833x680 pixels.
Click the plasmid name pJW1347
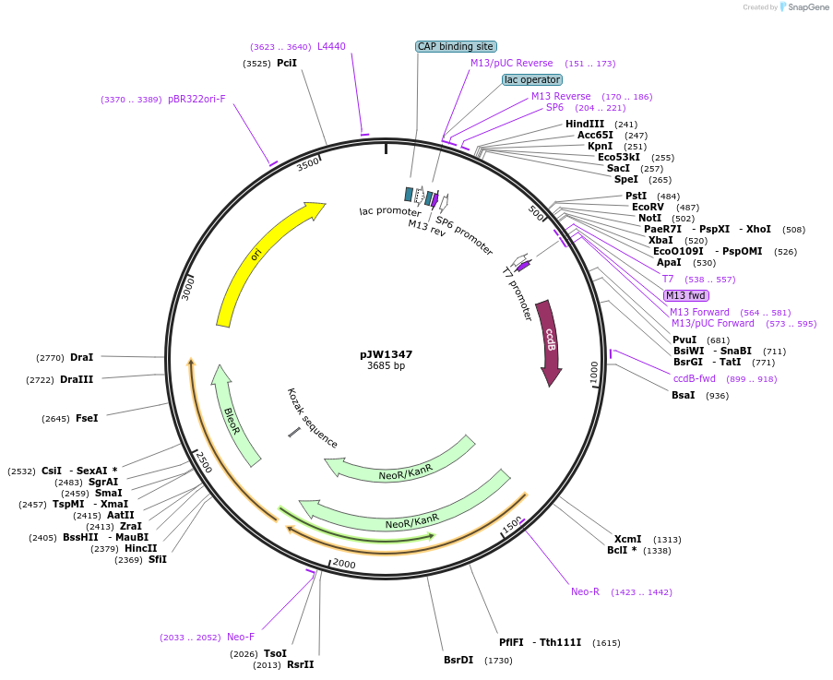[x=386, y=354]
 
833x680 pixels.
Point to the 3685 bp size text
[x=386, y=366]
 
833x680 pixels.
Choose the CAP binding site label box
[x=456, y=46]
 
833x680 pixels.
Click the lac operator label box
[x=531, y=79]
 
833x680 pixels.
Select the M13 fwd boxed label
[x=685, y=295]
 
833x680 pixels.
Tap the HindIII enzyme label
[x=585, y=124]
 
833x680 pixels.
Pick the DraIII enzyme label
[x=77, y=379]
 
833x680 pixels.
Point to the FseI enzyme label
[x=87, y=418]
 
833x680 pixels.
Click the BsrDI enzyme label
[x=458, y=660]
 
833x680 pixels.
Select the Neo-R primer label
[x=585, y=591]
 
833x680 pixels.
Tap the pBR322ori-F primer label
[x=196, y=99]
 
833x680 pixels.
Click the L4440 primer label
[x=331, y=46]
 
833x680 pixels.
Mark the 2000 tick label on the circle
[x=344, y=564]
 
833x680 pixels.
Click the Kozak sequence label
[x=313, y=418]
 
